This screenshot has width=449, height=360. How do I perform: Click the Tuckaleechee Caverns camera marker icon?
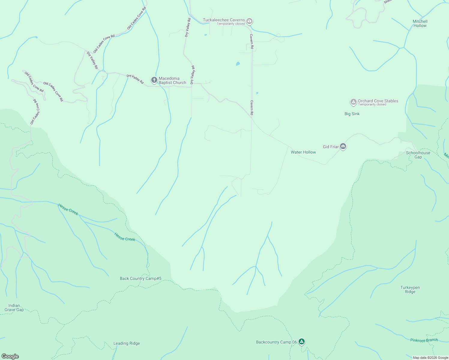pyautogui.click(x=249, y=21)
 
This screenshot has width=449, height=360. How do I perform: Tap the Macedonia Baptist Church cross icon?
pyautogui.click(x=154, y=80)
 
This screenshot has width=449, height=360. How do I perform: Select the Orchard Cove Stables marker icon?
pyautogui.click(x=354, y=102)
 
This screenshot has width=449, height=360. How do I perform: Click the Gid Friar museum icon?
pyautogui.click(x=343, y=147)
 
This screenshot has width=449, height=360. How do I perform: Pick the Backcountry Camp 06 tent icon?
pyautogui.click(x=302, y=342)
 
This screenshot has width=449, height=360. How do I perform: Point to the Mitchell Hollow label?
pyautogui.click(x=420, y=23)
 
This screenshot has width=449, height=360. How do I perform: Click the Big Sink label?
pyautogui.click(x=352, y=114)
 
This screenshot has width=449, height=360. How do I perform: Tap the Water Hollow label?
pyautogui.click(x=303, y=152)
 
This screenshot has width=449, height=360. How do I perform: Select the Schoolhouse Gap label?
pyautogui.click(x=418, y=155)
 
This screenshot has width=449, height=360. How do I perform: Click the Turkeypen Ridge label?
pyautogui.click(x=410, y=289)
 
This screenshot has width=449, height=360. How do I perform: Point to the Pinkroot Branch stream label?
pyautogui.click(x=424, y=340)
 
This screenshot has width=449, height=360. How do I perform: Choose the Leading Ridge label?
pyautogui.click(x=126, y=343)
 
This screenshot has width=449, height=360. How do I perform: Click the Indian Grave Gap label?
pyautogui.click(x=14, y=307)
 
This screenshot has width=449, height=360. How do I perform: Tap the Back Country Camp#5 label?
pyautogui.click(x=140, y=278)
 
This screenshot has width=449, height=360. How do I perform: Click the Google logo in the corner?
pyautogui.click(x=10, y=356)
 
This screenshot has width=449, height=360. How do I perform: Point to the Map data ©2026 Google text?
pyautogui.click(x=430, y=358)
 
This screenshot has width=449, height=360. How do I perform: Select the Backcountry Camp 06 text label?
pyautogui.click(x=276, y=342)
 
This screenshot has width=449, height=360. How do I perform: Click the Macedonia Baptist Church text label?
pyautogui.click(x=172, y=80)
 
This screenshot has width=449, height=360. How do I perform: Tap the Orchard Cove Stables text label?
pyautogui.click(x=378, y=101)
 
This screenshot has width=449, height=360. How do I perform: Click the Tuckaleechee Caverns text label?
pyautogui.click(x=224, y=20)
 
